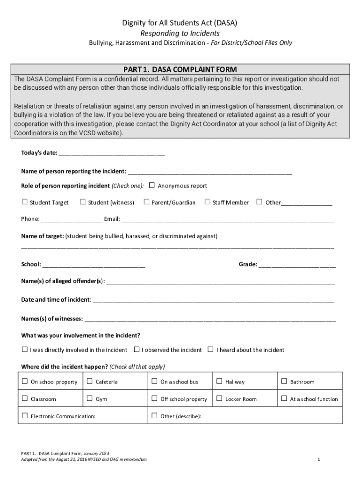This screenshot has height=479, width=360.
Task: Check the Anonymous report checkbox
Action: point(151,185)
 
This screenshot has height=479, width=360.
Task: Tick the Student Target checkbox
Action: point(24,202)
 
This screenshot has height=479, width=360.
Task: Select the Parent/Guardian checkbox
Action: point(147,202)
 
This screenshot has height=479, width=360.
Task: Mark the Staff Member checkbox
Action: point(207,202)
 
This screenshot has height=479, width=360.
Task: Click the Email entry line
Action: point(228,219)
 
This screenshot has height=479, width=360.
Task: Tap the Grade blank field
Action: point(297,265)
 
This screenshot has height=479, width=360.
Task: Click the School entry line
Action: point(94,265)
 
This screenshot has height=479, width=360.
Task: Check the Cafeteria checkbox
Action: point(90,382)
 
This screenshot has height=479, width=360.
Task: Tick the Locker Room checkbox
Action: point(219,399)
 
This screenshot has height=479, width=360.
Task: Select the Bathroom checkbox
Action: point(284,382)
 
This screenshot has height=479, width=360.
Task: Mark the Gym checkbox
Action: point(90,399)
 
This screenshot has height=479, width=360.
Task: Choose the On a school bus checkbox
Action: point(154,382)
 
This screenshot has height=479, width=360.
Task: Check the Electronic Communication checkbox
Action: point(25,416)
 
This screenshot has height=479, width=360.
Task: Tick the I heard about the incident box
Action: point(210,349)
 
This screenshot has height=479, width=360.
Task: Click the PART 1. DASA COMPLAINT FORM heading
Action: point(180,69)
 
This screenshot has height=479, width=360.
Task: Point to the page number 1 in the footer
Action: point(318,459)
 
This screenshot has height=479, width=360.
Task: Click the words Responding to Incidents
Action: point(180,34)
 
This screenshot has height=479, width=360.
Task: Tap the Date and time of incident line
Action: point(213,300)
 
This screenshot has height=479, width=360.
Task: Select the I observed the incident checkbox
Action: point(137,349)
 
